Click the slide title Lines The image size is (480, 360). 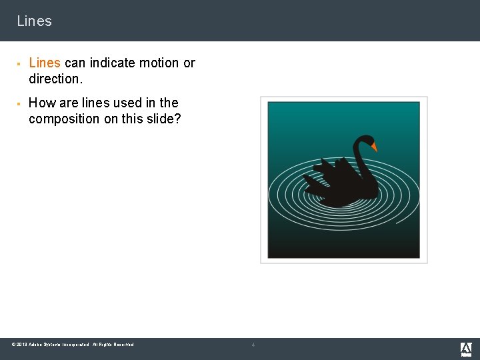[x=34, y=21]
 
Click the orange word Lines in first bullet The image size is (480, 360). [x=45, y=63]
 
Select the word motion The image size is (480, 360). [x=159, y=63]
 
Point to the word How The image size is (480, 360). [x=42, y=103]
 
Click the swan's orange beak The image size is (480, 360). [x=374, y=147]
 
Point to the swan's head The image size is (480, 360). [x=365, y=141]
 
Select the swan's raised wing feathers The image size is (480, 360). [x=327, y=172]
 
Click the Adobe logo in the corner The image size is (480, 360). [x=466, y=349]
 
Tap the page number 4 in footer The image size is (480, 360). [x=253, y=345]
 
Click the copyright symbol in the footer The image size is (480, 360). [x=14, y=345]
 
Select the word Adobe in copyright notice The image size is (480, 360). [x=37, y=345]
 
